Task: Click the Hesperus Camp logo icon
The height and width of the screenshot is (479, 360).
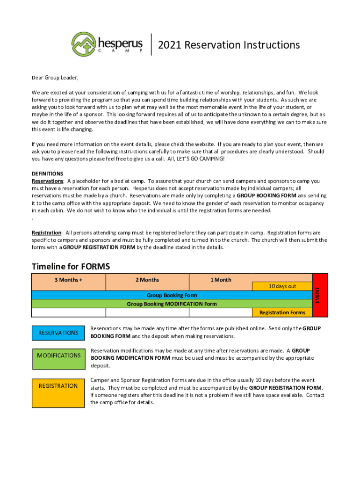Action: click(x=84, y=44)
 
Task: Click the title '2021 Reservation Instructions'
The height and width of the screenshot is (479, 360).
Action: click(x=229, y=45)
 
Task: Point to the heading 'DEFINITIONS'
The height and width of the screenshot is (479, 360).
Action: click(x=47, y=174)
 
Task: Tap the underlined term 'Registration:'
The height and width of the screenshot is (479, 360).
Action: click(x=47, y=232)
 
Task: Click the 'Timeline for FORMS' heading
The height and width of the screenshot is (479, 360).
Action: click(x=71, y=267)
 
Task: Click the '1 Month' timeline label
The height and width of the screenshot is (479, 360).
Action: click(x=221, y=280)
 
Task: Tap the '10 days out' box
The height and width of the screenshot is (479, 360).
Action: click(x=282, y=286)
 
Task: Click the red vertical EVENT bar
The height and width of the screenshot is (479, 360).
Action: click(x=320, y=295)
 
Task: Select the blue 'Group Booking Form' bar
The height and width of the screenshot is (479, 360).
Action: click(x=172, y=295)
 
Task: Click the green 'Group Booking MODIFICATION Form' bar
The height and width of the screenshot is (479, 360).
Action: click(x=172, y=304)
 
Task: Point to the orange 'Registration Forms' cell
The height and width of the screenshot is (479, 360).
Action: click(x=282, y=312)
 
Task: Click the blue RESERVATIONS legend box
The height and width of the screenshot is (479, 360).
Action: click(x=58, y=333)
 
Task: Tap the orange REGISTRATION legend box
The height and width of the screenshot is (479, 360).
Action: click(x=58, y=392)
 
